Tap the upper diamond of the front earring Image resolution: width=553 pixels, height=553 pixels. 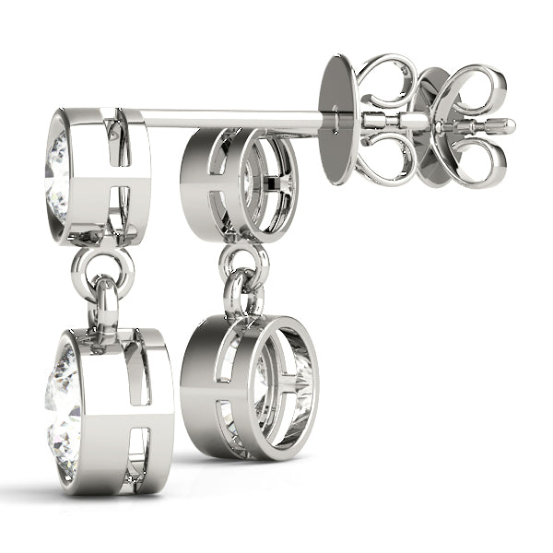pyautogui.click(x=56, y=161)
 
